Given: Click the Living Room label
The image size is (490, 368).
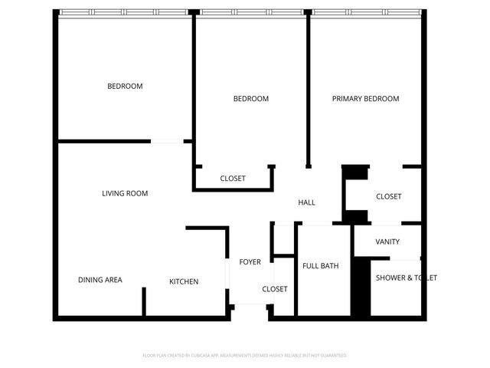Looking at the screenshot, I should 125,193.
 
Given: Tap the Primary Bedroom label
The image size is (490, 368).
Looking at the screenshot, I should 365,99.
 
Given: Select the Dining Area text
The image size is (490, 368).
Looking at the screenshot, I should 100,280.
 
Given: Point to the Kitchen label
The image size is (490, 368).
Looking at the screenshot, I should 184,281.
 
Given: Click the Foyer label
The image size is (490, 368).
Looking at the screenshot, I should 250,262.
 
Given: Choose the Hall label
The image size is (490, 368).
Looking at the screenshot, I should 306,202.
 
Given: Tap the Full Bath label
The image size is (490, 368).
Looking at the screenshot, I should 320,266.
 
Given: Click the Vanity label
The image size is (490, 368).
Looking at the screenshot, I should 387,242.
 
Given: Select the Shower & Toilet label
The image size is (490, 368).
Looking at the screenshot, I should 406,278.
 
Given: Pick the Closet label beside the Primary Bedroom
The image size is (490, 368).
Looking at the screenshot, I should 389,197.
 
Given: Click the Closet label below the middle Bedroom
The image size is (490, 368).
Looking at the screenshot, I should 233,178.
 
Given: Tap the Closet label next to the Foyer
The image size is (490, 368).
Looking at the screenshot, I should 275,289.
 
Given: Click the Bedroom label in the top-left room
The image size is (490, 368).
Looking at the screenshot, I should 125,87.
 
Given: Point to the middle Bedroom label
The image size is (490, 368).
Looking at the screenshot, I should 250,99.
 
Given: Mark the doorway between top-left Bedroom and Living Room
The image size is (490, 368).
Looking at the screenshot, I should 171,141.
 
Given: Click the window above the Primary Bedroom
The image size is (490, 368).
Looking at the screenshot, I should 365,12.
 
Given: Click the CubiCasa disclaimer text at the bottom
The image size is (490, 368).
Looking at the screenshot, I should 245,356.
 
